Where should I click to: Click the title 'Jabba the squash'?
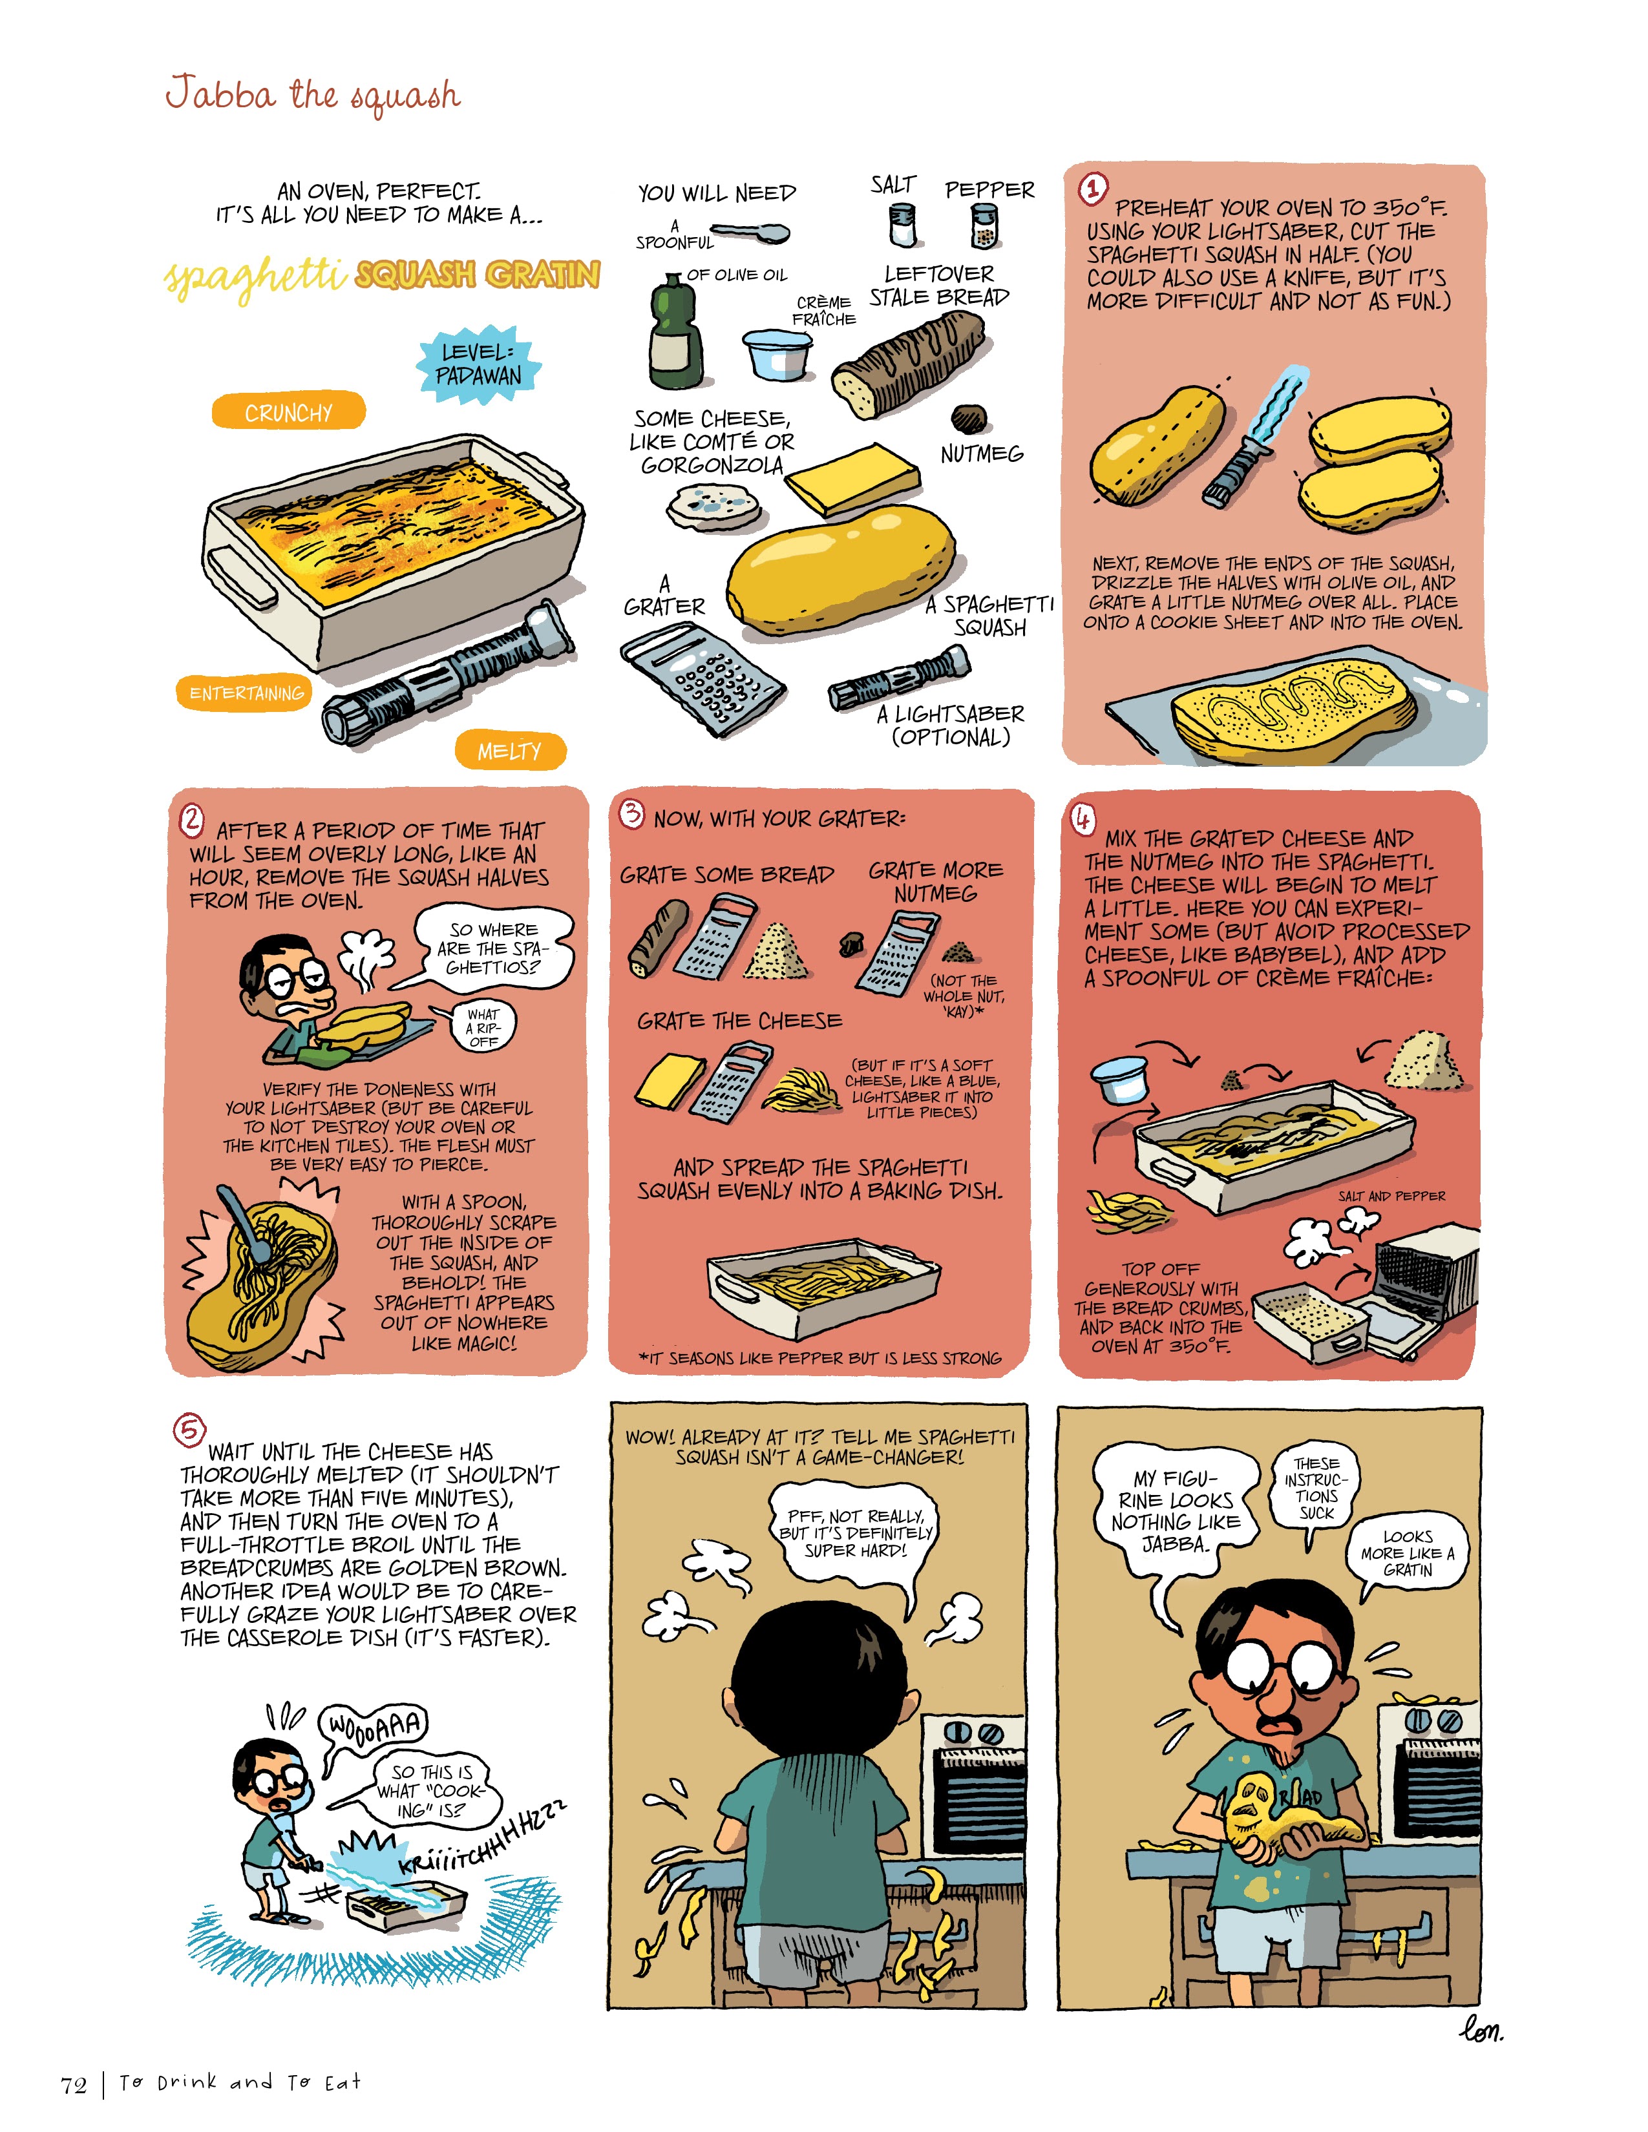click(312, 96)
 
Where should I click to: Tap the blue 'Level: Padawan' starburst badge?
click(478, 364)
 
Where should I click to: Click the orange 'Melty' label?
click(510, 749)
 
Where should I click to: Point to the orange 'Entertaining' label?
click(246, 692)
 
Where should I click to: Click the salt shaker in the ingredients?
click(903, 225)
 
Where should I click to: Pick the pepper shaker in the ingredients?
click(985, 227)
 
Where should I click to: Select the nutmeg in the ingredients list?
click(969, 418)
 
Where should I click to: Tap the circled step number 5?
click(189, 1431)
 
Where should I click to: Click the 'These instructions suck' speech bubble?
click(1316, 1489)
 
